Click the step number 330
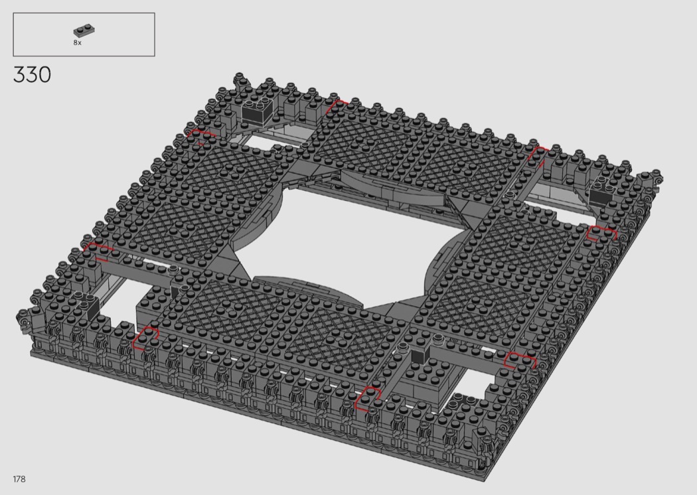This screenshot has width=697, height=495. [x=32, y=75]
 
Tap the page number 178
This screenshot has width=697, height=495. [x=19, y=479]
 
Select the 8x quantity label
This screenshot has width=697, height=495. [x=78, y=42]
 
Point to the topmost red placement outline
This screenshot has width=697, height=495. [x=338, y=106]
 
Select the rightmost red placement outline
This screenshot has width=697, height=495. [x=602, y=233]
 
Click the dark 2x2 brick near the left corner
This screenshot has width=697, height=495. [x=88, y=307]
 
